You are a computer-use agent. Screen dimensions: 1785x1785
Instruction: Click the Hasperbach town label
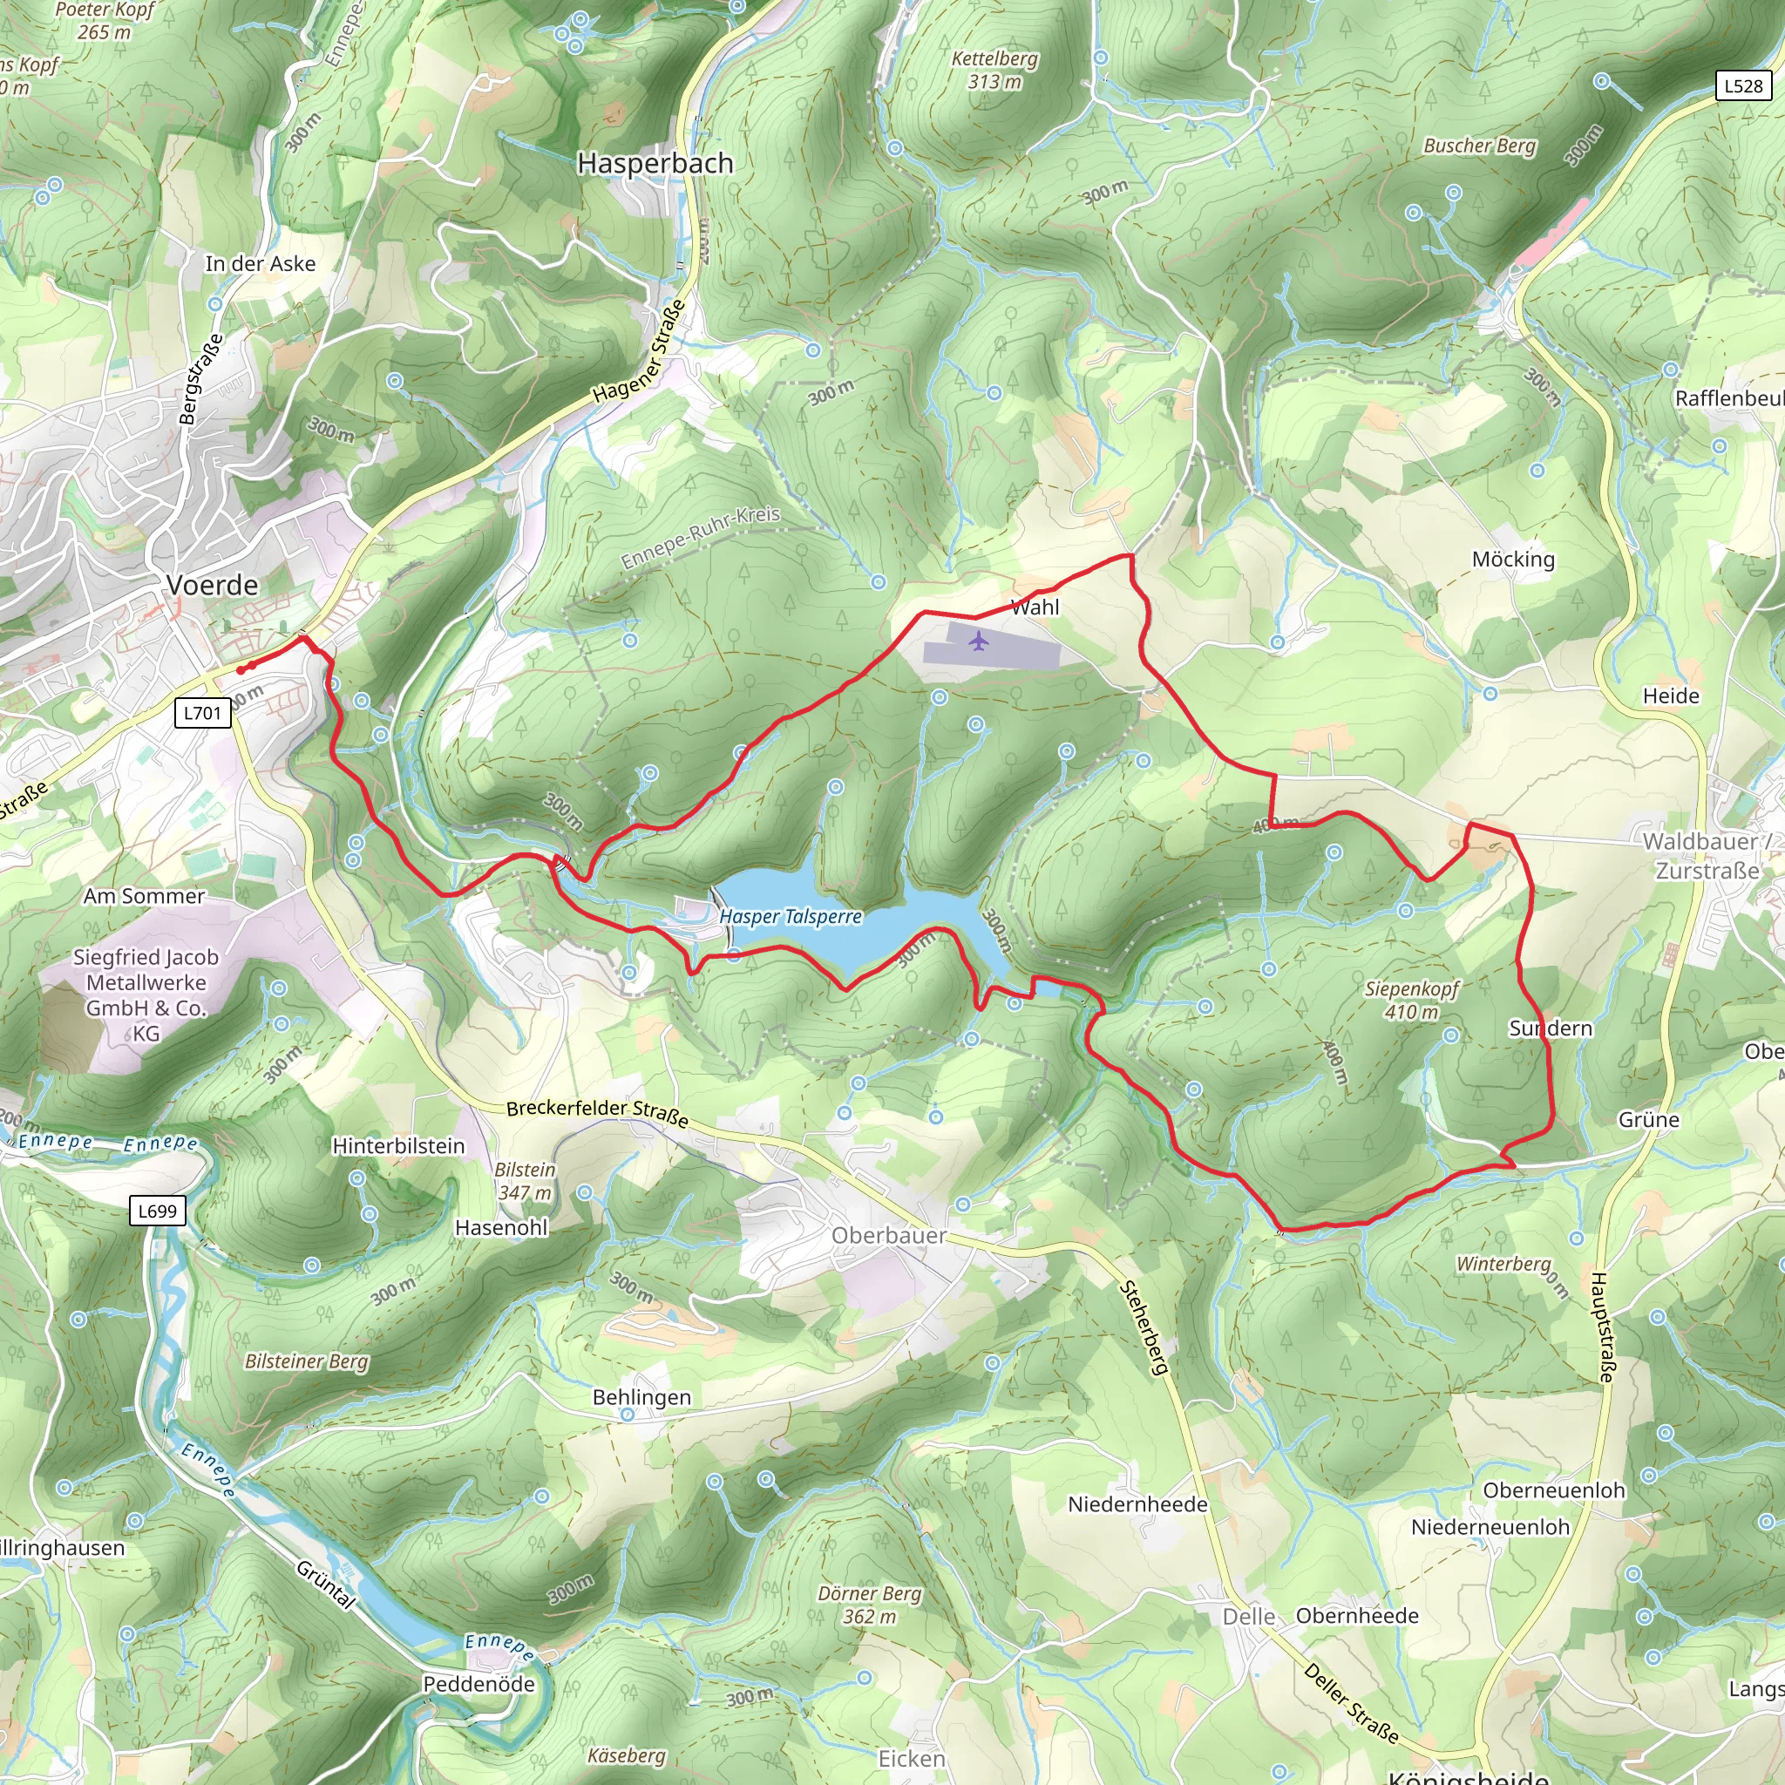click(x=655, y=164)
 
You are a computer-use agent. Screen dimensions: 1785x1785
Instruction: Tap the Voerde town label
click(x=213, y=585)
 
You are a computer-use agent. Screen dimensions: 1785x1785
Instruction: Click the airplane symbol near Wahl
click(x=979, y=641)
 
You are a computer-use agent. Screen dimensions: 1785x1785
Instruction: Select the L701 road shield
click(x=202, y=712)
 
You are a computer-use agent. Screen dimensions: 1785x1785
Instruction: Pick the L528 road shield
click(x=1743, y=86)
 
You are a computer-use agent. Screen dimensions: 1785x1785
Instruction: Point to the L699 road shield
click(x=157, y=1211)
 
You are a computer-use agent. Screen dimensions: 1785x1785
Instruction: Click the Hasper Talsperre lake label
click(x=790, y=916)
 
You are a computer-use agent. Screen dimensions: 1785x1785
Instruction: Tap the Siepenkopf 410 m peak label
click(x=1411, y=1000)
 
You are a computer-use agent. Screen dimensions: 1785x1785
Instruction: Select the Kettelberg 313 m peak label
click(x=994, y=71)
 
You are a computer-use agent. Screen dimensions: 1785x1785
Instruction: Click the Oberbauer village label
click(x=889, y=1235)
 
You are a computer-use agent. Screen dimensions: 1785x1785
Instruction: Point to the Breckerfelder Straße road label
click(x=597, y=1112)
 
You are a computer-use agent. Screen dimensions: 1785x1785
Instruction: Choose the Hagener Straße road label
click(x=640, y=352)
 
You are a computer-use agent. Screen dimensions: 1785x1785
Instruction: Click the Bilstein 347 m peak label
click(x=525, y=1181)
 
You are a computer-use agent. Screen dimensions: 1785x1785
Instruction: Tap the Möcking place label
click(x=1512, y=559)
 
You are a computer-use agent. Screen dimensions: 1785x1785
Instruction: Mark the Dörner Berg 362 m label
click(x=869, y=1605)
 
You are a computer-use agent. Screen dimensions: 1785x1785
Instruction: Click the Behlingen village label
click(x=641, y=1397)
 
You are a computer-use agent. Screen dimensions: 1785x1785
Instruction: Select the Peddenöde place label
click(x=478, y=1683)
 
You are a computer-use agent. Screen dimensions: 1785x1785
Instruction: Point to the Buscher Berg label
click(x=1479, y=146)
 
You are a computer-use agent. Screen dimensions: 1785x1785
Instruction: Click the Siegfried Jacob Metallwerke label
click(x=146, y=994)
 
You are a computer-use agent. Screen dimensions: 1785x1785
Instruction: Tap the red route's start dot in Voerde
click(x=241, y=670)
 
